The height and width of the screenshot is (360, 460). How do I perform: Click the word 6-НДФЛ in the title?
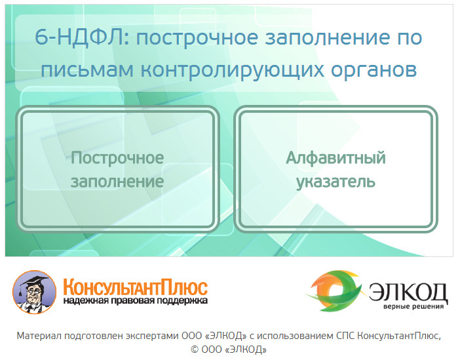(x=82, y=37)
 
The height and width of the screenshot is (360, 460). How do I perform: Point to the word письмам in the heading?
(x=87, y=70)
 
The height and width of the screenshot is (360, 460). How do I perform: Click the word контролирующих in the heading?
(x=233, y=71)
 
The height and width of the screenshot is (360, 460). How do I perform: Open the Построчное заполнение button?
(x=117, y=169)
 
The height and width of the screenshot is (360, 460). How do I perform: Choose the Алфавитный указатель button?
(x=336, y=169)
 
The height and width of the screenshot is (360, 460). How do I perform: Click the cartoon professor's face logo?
(x=34, y=292)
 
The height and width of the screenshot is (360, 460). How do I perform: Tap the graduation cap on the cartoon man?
(x=33, y=281)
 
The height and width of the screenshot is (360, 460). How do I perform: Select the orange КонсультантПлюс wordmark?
(x=136, y=287)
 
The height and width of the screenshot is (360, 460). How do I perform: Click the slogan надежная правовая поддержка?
(x=136, y=301)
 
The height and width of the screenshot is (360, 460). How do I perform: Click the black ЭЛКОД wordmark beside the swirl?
(x=408, y=292)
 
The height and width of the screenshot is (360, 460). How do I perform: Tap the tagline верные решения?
(x=413, y=307)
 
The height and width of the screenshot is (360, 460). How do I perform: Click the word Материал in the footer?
(x=39, y=336)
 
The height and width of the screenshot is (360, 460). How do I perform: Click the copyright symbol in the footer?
(x=195, y=350)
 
